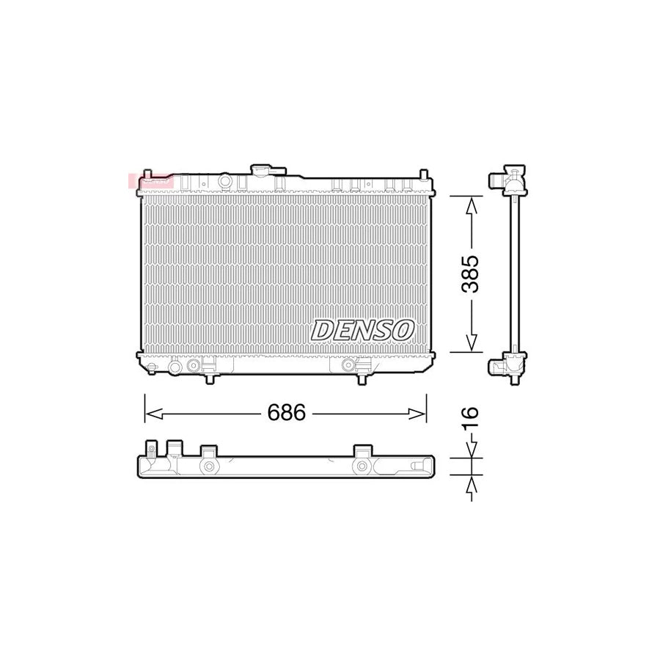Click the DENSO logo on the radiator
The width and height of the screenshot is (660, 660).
(362, 330)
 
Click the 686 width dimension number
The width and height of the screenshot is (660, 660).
(286, 414)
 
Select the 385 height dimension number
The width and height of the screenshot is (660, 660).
(470, 274)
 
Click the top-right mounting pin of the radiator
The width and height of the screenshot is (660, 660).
(425, 175)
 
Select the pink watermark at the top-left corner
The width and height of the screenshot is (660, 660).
(151, 180)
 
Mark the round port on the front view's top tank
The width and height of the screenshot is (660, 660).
(225, 180)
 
